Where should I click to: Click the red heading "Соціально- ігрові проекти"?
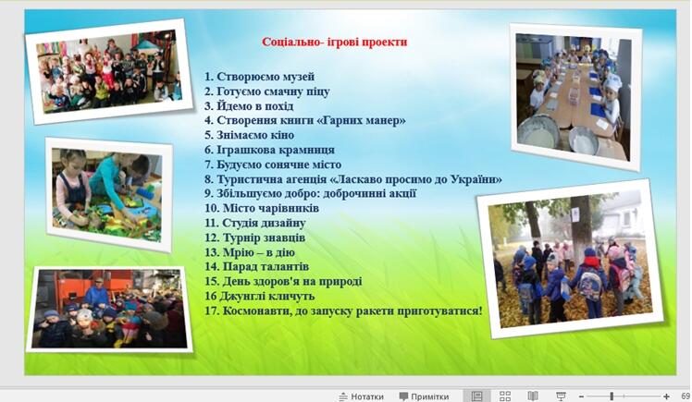[335, 42]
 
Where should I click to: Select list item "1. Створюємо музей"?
[259, 77]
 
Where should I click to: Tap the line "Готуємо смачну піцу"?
[273, 91]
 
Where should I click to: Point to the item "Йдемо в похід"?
[254, 106]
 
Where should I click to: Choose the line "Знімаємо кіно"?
[255, 135]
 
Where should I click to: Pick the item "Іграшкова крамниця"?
[276, 150]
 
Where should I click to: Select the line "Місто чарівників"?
[271, 208]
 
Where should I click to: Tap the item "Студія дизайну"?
[264, 223]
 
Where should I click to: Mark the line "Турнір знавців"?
[264, 238]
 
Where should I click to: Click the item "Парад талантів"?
[266, 267]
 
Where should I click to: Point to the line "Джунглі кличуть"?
[266, 297]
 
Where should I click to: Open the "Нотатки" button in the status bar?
[361, 396]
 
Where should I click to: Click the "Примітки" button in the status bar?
[424, 396]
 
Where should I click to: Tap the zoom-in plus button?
[666, 396]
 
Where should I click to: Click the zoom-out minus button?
[581, 396]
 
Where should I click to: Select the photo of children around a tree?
[570, 259]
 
